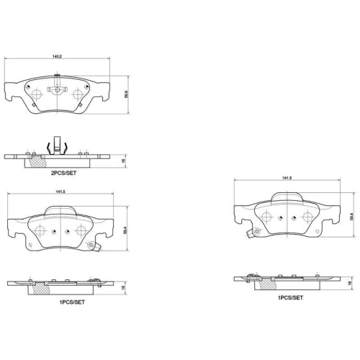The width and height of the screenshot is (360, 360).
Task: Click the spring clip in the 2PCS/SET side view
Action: click(x=57, y=148)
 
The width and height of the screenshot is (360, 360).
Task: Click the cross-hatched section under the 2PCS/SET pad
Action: click(x=36, y=162)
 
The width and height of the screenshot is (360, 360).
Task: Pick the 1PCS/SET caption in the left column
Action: click(x=72, y=302)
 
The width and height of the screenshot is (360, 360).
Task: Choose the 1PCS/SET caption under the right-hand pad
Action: click(x=289, y=297)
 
